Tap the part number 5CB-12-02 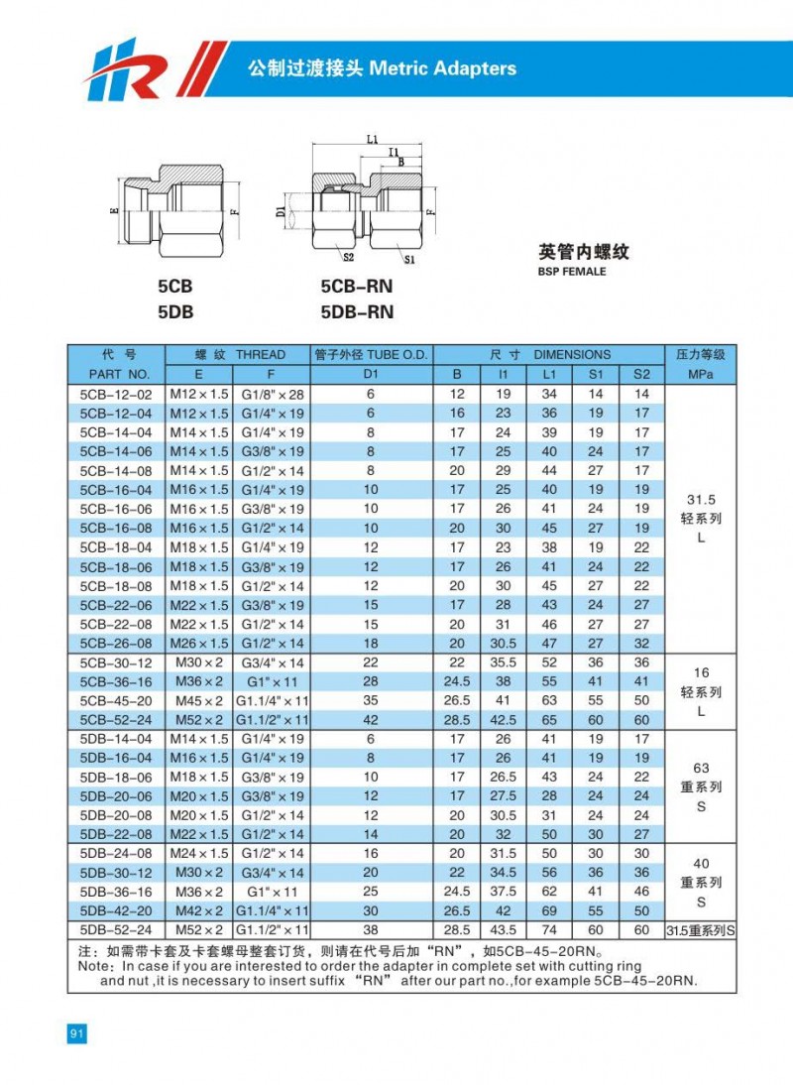coord(115,394)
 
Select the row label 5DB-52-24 coord(115,929)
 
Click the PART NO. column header coord(118,374)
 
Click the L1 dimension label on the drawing coord(371,140)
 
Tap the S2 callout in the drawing coord(349,256)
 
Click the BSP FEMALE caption coord(572,271)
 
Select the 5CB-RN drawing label coord(357,288)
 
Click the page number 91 coord(77,1033)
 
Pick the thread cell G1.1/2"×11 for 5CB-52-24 coord(272,720)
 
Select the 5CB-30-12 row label coord(115,663)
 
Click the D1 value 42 coord(372,720)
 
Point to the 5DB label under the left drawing coord(174,311)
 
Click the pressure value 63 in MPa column coord(700,768)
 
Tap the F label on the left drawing coord(235,211)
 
